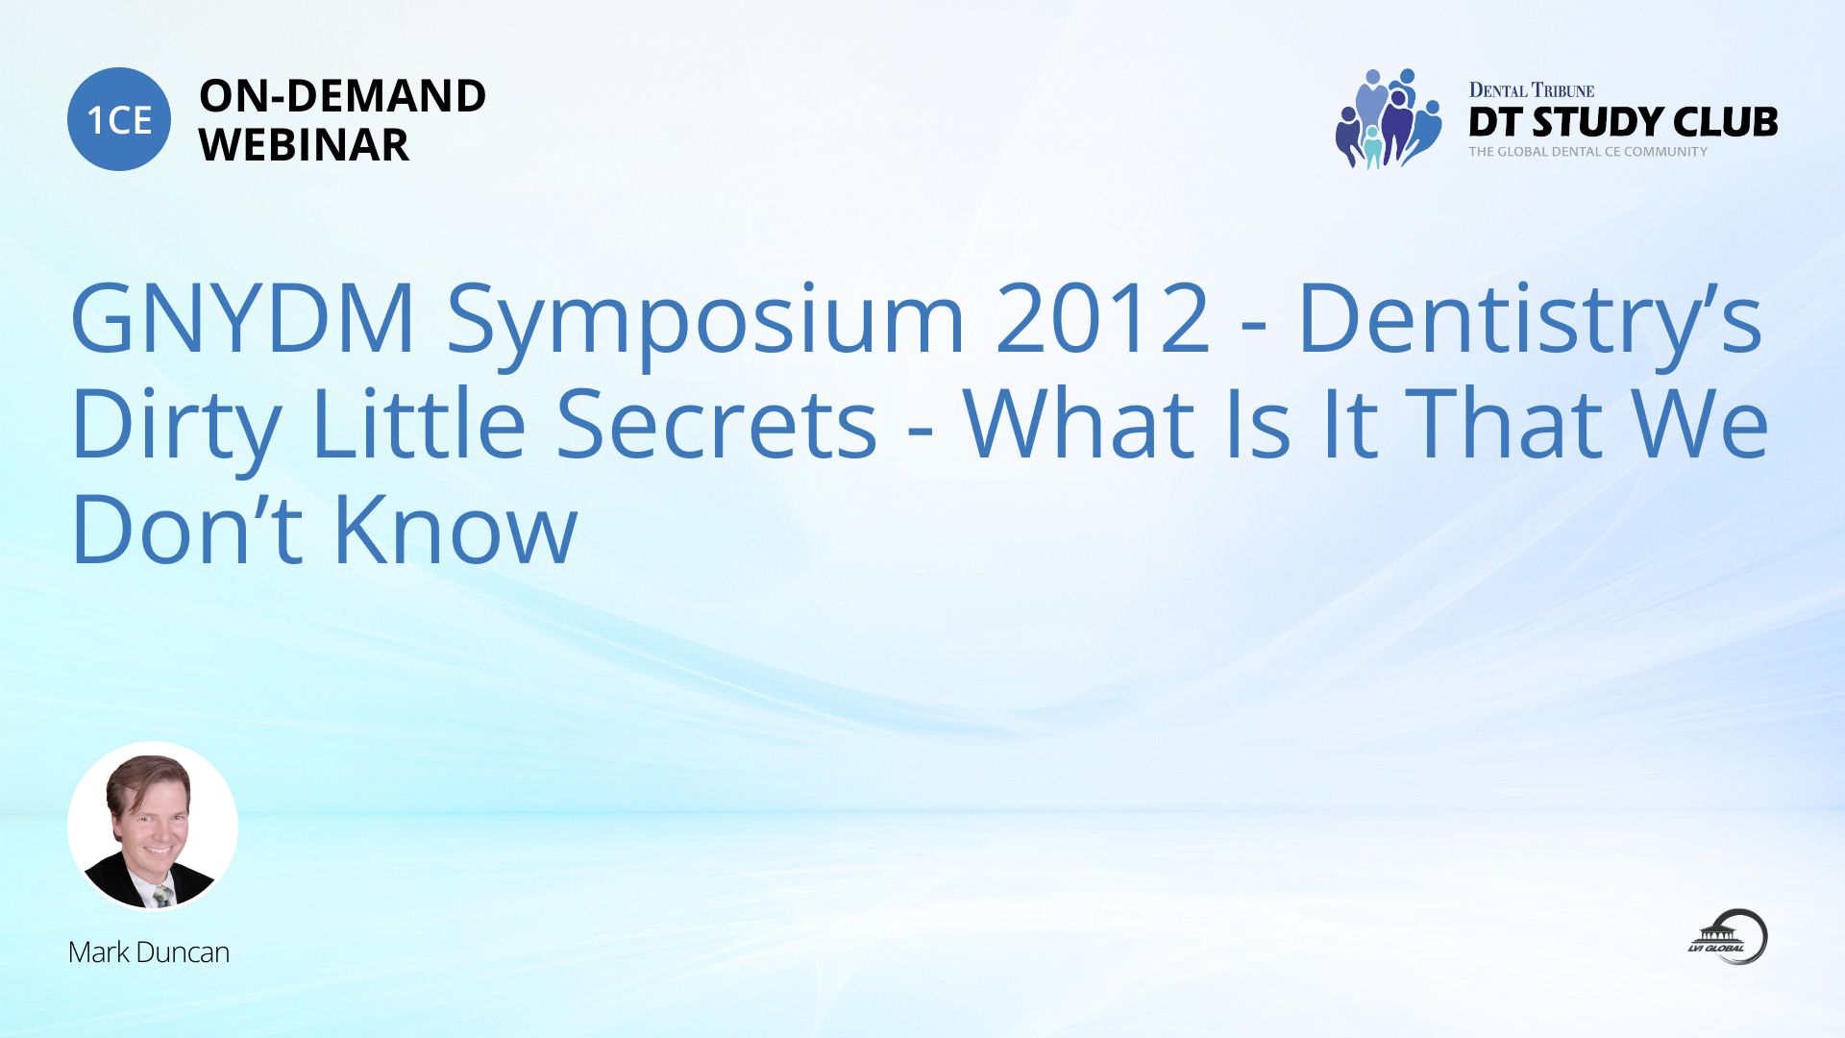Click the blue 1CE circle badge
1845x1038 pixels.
(119, 119)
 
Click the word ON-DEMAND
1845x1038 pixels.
(342, 96)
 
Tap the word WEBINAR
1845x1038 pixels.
(304, 145)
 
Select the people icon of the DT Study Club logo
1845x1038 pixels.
(1389, 118)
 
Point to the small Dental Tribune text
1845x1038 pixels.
(1531, 90)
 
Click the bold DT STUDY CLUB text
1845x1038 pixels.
(1623, 122)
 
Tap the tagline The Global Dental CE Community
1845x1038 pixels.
(1587, 152)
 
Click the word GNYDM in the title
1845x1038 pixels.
(243, 318)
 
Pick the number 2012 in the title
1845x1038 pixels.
(1102, 318)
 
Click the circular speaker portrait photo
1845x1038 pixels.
(152, 826)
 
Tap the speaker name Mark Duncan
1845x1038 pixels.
(149, 952)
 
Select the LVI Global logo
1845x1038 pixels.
(1729, 936)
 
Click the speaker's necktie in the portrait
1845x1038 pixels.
(162, 896)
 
